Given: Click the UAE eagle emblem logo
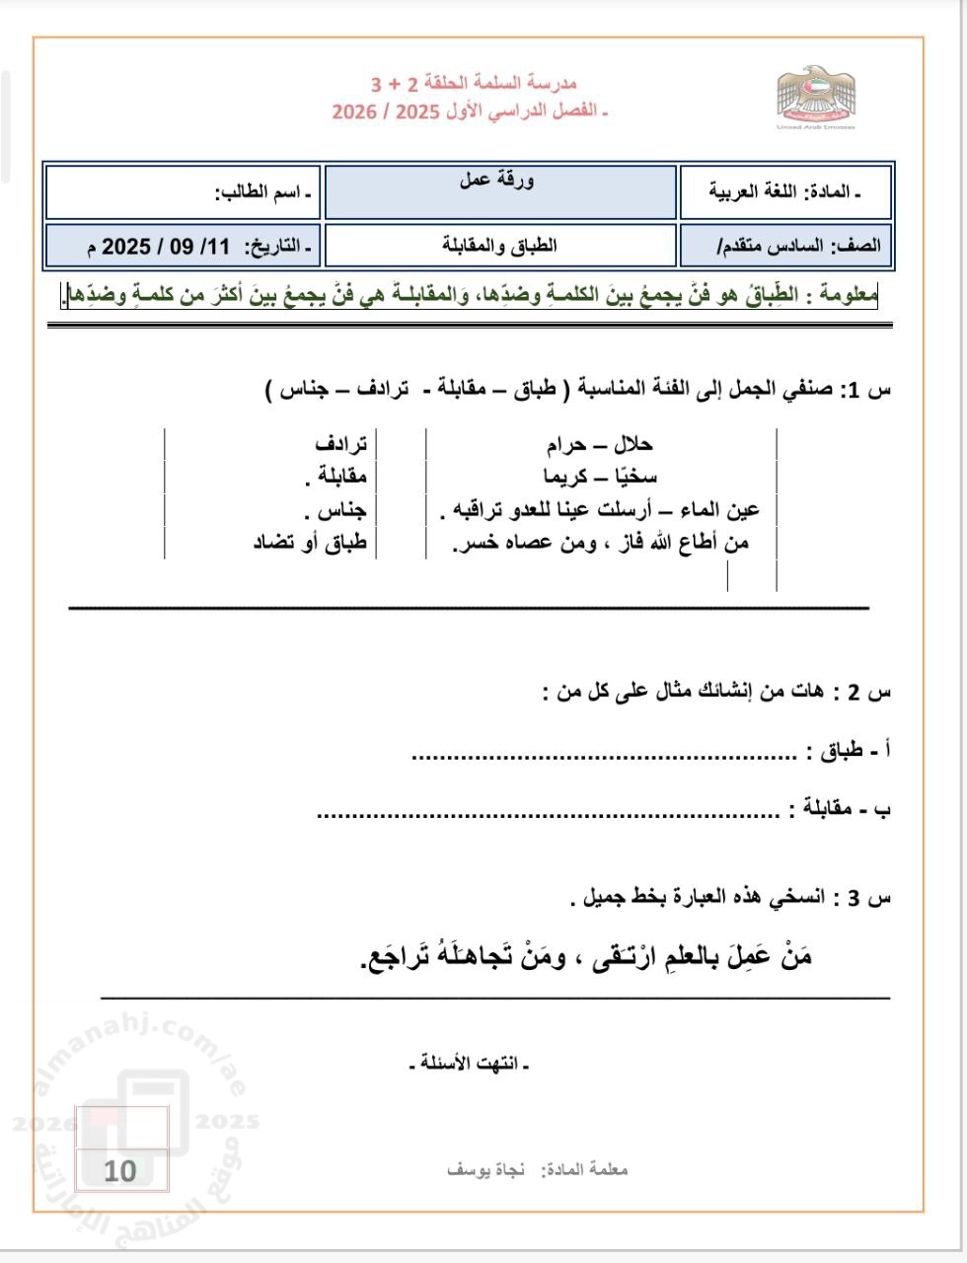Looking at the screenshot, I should [x=815, y=96].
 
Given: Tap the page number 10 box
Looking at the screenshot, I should [x=120, y=1171].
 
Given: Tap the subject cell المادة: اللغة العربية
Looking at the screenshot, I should [x=785, y=192].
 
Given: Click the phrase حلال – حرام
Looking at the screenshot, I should [x=599, y=445].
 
